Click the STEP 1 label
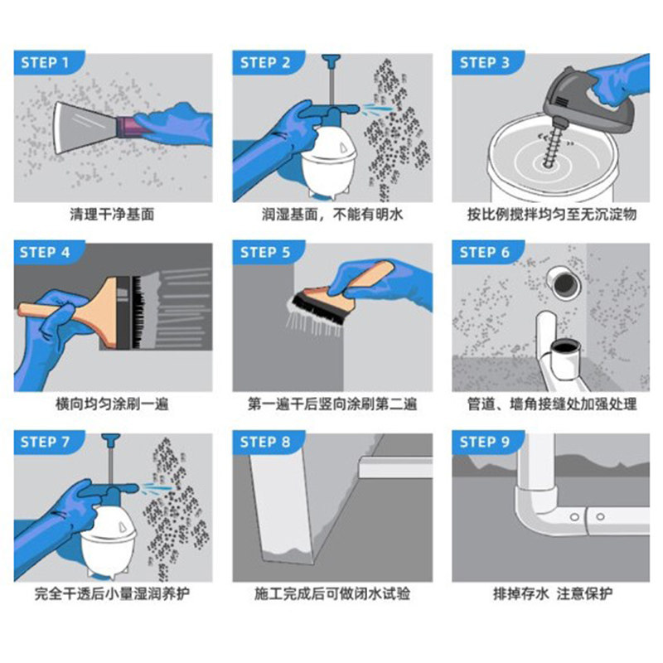[45, 63]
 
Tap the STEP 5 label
[265, 253]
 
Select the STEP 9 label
[485, 442]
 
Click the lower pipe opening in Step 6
[564, 348]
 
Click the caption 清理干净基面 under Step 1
[112, 215]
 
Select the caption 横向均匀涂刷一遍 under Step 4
[112, 404]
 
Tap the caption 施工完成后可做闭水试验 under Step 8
[332, 593]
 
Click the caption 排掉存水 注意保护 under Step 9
[553, 593]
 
